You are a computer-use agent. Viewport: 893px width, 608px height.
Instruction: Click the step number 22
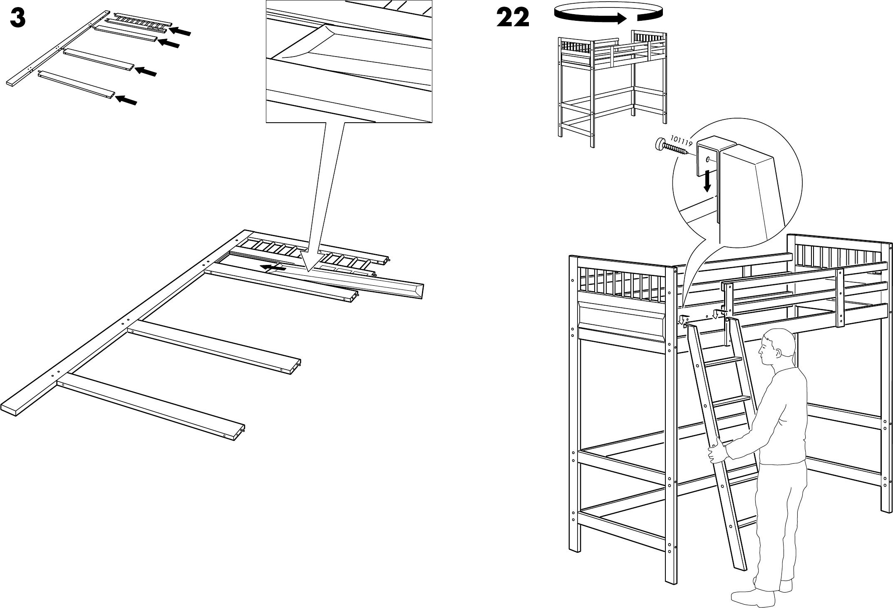tap(513, 18)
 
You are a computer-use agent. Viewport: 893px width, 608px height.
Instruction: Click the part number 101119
tap(680, 141)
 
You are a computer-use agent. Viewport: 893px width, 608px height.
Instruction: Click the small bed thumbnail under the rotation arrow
tap(612, 87)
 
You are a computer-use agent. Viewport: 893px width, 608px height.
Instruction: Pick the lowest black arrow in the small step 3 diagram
tap(126, 100)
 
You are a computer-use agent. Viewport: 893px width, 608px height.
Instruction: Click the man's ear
tap(777, 353)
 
